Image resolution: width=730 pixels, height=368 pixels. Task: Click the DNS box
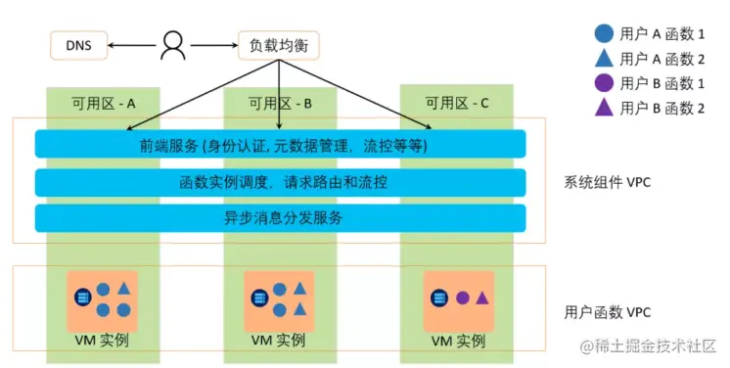pyautogui.click(x=78, y=44)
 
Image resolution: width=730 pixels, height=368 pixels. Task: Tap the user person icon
pyautogui.click(x=174, y=44)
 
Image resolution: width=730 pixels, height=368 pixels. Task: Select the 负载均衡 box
pyautogui.click(x=278, y=44)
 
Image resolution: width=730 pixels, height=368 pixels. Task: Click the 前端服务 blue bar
pyautogui.click(x=280, y=145)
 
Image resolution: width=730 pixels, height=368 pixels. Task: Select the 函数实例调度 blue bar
pyautogui.click(x=280, y=182)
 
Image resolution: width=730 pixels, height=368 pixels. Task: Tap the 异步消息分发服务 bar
pyautogui.click(x=280, y=217)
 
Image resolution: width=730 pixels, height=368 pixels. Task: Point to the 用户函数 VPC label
pyautogui.click(x=606, y=311)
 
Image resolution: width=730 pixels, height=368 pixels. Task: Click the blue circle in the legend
pyautogui.click(x=605, y=32)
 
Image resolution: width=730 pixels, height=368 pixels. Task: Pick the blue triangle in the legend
pyautogui.click(x=605, y=58)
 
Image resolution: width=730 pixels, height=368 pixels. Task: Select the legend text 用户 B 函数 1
pyautogui.click(x=662, y=83)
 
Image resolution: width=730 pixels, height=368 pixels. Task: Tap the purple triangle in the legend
pyautogui.click(x=605, y=109)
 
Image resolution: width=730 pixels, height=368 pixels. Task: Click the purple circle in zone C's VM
pyautogui.click(x=462, y=297)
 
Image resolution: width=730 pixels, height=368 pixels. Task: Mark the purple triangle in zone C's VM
pyautogui.click(x=481, y=297)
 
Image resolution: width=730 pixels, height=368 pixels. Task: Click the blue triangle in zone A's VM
pyautogui.click(x=123, y=289)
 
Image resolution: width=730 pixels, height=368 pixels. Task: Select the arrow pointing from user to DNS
pyautogui.click(x=132, y=44)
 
